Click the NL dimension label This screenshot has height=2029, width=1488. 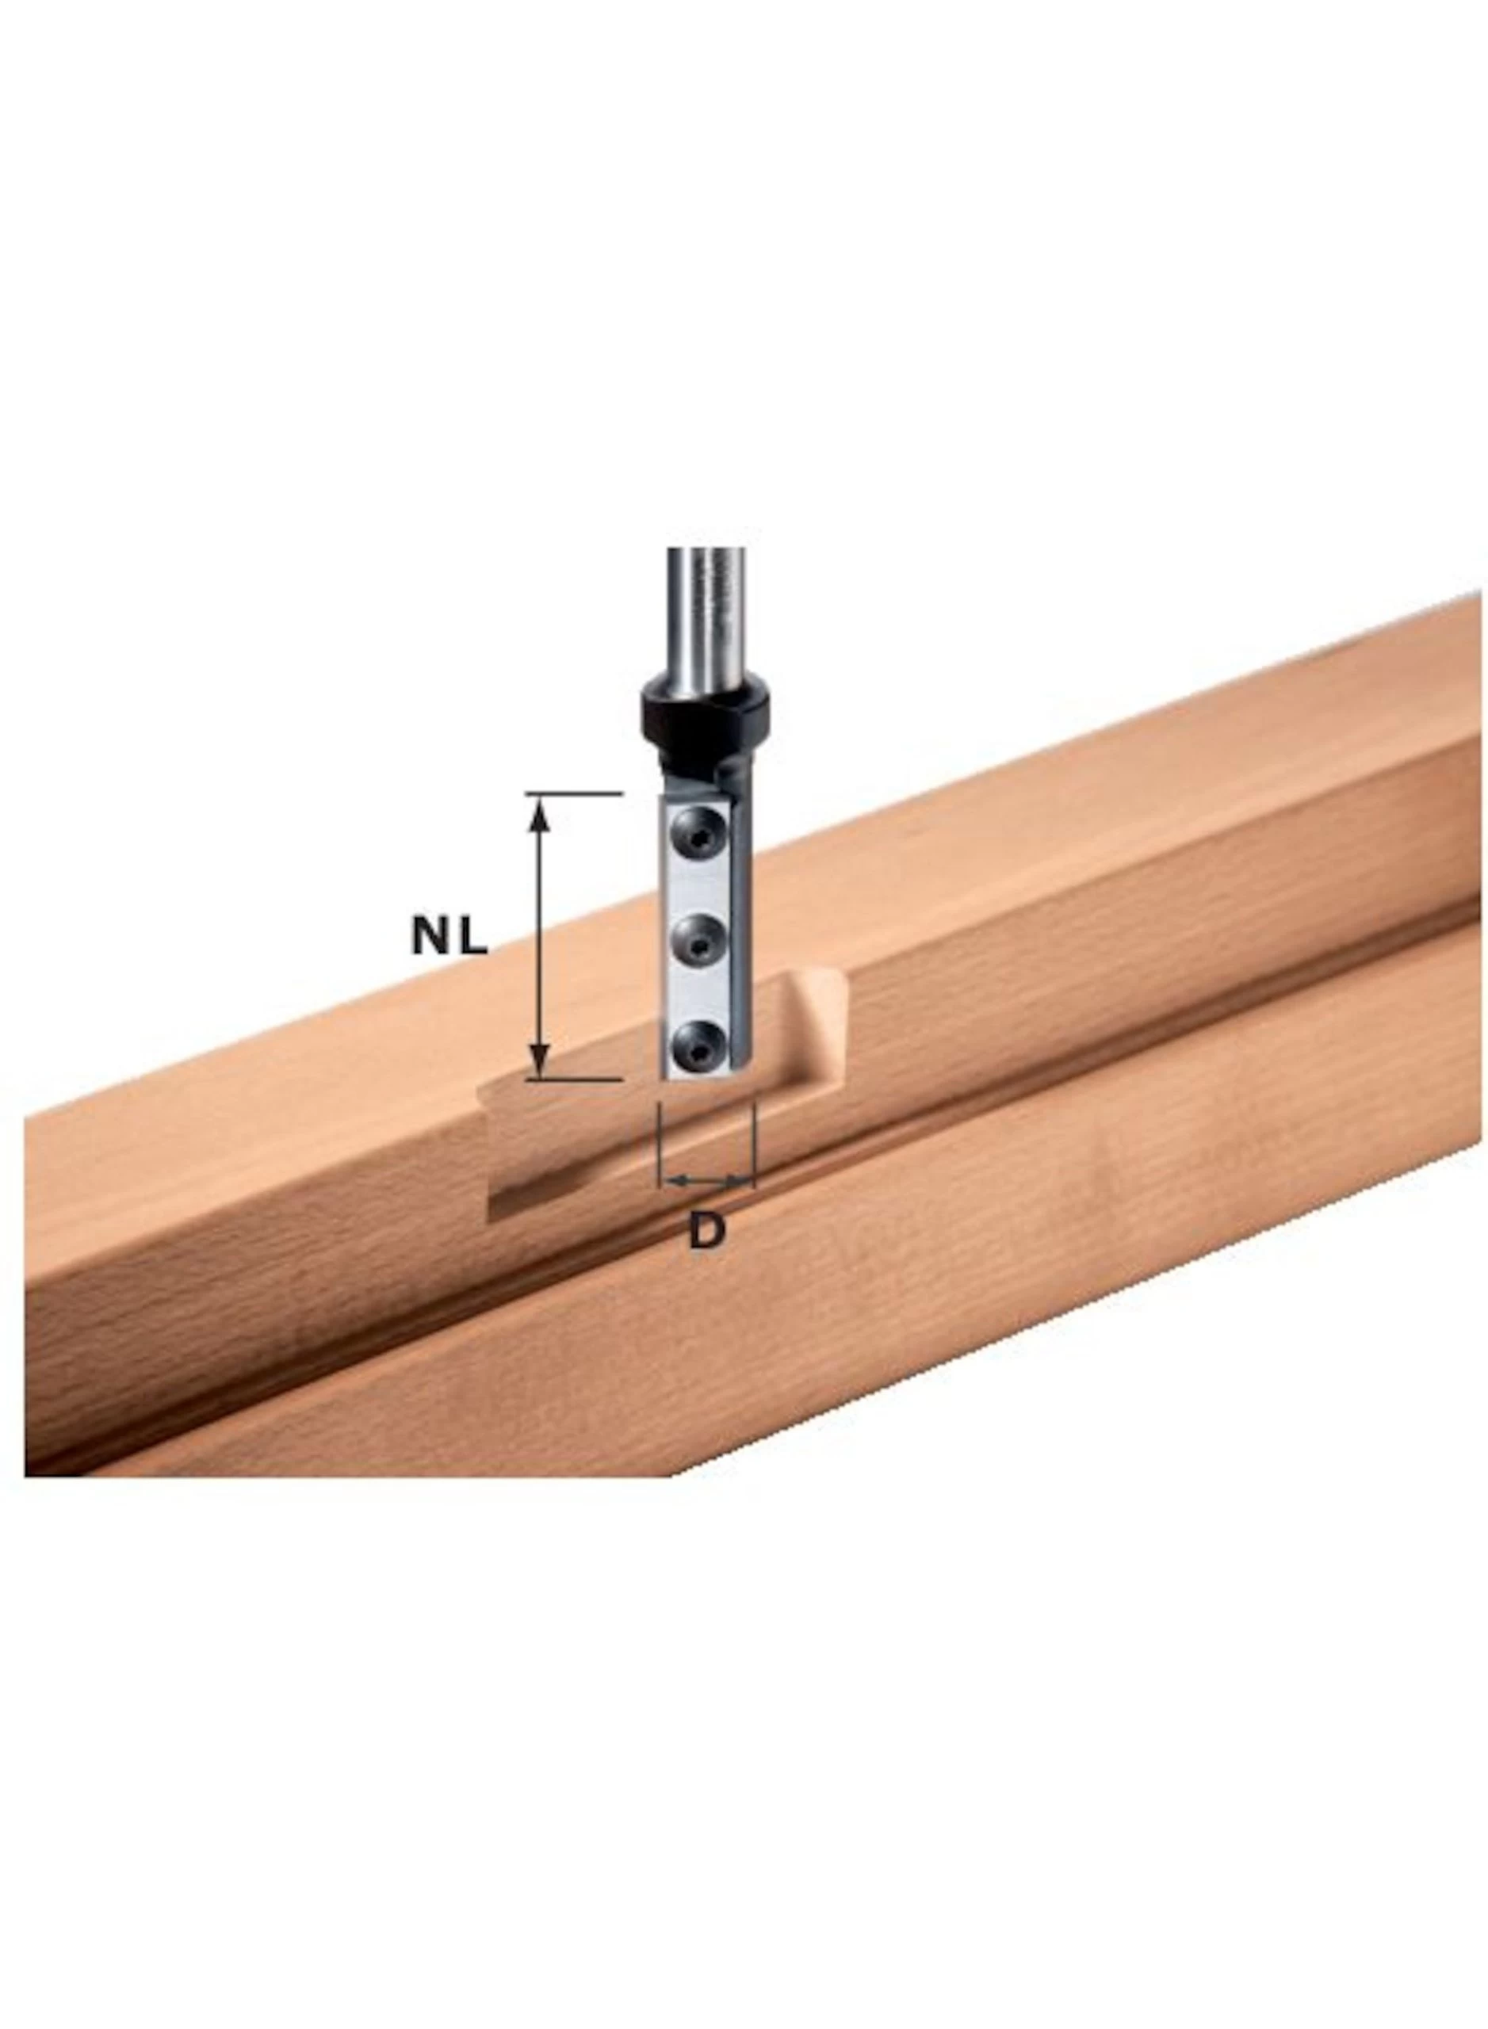click(449, 938)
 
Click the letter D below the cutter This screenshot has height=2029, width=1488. click(706, 1230)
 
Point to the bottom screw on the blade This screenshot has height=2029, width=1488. click(698, 1047)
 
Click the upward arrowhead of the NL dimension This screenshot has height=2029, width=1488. click(538, 815)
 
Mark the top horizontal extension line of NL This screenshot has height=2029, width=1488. click(575, 793)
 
